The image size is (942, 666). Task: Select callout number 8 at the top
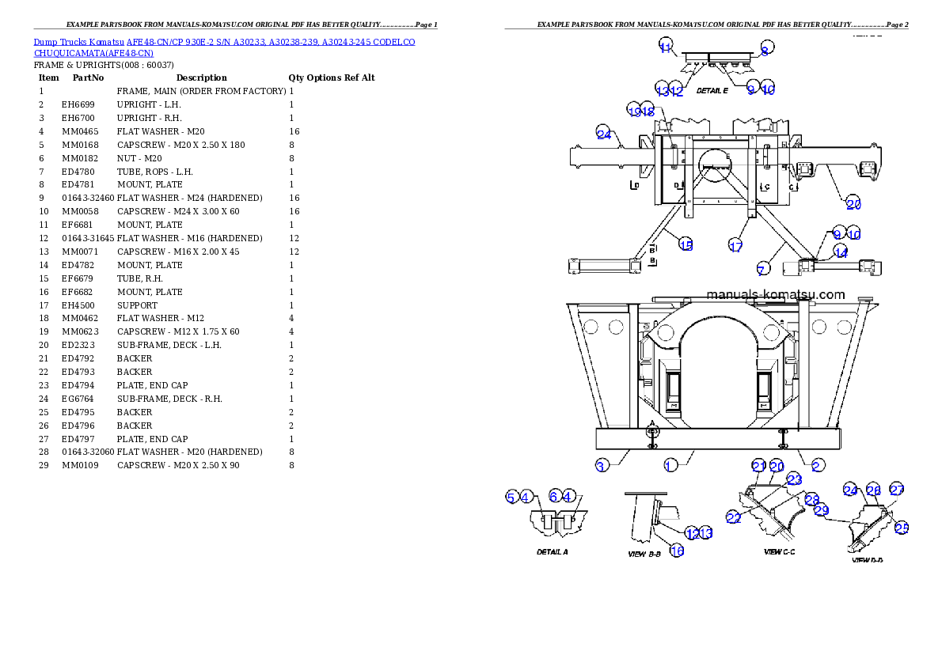point(765,49)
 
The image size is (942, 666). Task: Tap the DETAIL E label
point(712,91)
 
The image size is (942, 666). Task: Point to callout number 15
point(686,245)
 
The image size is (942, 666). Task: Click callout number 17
point(735,246)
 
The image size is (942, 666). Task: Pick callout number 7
point(761,271)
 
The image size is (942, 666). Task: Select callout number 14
point(840,253)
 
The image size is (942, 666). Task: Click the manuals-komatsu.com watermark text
point(775,294)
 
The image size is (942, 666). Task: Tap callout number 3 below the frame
point(602,466)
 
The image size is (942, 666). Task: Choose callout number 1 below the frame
point(670,466)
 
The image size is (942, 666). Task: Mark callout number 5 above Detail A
point(511,497)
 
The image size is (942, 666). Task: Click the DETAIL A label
point(552,552)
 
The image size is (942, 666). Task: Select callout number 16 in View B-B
point(677,551)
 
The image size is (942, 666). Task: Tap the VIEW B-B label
point(644,554)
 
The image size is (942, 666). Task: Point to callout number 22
point(733,517)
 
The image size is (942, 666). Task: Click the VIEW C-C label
point(779,551)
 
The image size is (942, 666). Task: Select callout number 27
point(896,489)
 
